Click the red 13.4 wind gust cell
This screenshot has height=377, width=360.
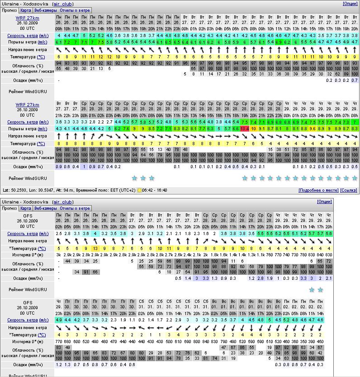coord(245,129)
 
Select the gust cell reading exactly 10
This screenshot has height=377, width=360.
coord(253,129)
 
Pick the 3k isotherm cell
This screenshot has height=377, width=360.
coord(59,255)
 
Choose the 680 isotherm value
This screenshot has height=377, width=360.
coord(68,342)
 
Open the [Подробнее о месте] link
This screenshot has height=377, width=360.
coord(318,190)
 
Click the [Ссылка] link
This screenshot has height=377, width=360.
coord(348,190)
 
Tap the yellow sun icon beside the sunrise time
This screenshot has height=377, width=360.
coord(139,190)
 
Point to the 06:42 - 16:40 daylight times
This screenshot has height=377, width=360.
coord(156,190)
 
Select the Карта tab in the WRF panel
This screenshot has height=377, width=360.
coord(26,10)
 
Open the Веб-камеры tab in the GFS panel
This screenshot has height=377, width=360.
coord(45,208)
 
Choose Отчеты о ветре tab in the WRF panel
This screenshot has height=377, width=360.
coord(76,10)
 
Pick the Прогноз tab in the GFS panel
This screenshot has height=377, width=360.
coord(9,208)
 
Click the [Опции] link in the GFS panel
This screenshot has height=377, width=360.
coord(324,202)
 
